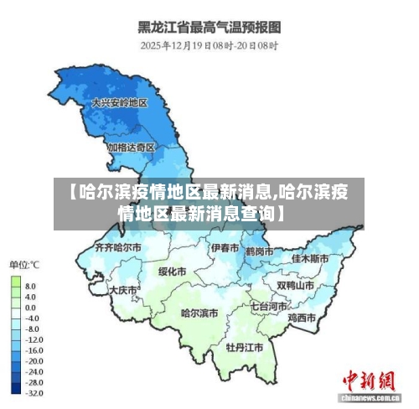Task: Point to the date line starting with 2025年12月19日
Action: pyautogui.click(x=209, y=45)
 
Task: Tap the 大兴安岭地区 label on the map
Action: pyautogui.click(x=119, y=102)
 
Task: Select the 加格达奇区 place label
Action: pyautogui.click(x=131, y=147)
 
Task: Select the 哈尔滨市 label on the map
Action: pyautogui.click(x=199, y=313)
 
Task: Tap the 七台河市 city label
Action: pyautogui.click(x=267, y=307)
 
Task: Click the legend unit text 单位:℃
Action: pyautogui.click(x=24, y=265)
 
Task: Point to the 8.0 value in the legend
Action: pyautogui.click(x=30, y=286)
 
